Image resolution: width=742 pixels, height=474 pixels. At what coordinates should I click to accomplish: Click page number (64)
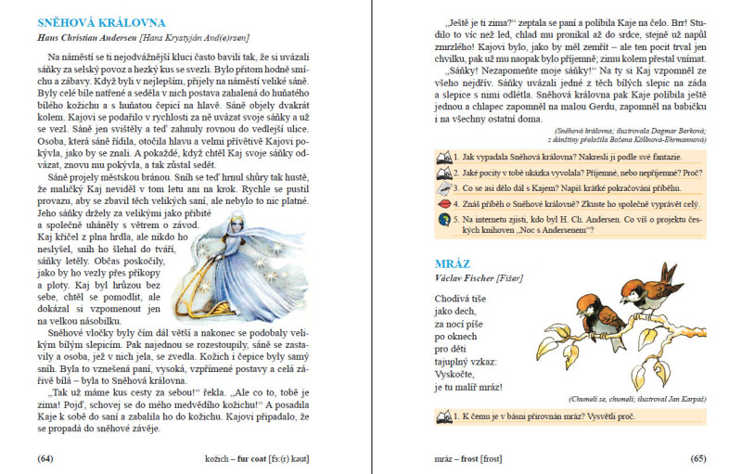[44, 458]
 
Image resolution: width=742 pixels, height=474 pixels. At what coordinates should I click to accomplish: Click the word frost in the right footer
[467, 458]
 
